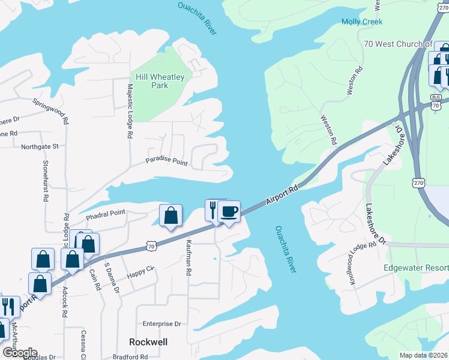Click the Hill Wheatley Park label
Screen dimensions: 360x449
160,81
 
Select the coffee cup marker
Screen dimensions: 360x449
229,212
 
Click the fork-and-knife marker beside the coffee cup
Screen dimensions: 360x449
213,211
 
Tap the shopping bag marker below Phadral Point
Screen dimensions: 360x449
170,215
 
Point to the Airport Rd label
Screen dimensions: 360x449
282,196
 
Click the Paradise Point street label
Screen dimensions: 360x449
167,162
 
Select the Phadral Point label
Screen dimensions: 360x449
105,213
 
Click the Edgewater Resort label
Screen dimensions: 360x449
416,267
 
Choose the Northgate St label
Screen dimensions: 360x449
40,146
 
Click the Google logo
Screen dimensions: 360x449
20,353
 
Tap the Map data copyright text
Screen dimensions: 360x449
423,355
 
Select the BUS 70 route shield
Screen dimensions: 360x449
436,100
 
